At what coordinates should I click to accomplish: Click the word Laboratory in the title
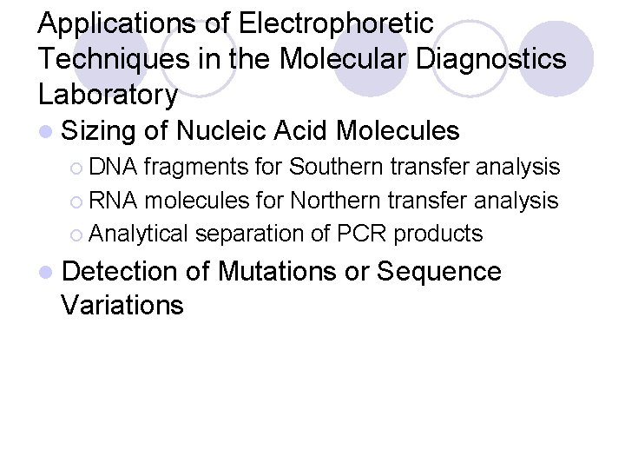click(109, 92)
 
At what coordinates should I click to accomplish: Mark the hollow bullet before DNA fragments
click(76, 167)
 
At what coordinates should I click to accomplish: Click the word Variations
click(123, 305)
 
